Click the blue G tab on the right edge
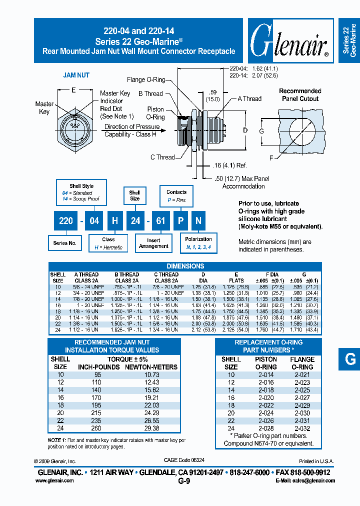[x=349, y=358]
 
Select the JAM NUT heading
[x=76, y=75]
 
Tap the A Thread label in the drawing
[x=249, y=98]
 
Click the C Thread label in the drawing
[x=162, y=157]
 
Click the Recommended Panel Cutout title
[x=299, y=94]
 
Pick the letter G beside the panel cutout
[x=260, y=131]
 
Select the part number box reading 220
[x=66, y=220]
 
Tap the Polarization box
[x=198, y=242]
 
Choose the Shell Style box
[x=81, y=192]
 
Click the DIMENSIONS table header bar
[x=185, y=266]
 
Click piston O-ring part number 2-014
[x=266, y=374]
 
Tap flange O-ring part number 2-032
[x=302, y=428]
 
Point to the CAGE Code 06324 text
[x=184, y=460]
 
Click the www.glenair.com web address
[x=54, y=480]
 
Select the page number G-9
[x=184, y=481]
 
